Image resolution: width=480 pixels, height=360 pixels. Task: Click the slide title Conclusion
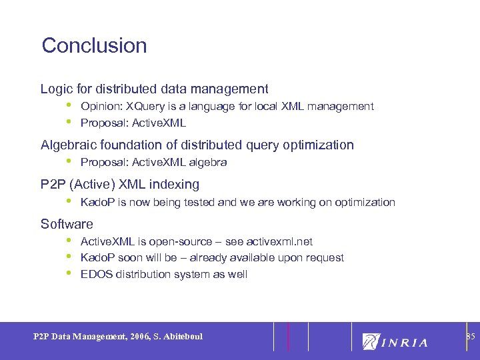(x=94, y=45)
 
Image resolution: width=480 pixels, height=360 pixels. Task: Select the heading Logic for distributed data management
(x=154, y=89)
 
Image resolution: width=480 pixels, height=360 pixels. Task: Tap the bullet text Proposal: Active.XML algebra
(x=153, y=163)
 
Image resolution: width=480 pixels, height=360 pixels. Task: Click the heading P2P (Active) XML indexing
(x=119, y=184)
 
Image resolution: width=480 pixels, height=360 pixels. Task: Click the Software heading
(x=67, y=224)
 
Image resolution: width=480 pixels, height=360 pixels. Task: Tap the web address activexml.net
(x=279, y=241)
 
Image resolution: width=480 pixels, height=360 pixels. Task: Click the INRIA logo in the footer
(x=395, y=341)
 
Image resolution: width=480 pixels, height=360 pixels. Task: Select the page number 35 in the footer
(x=471, y=336)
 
